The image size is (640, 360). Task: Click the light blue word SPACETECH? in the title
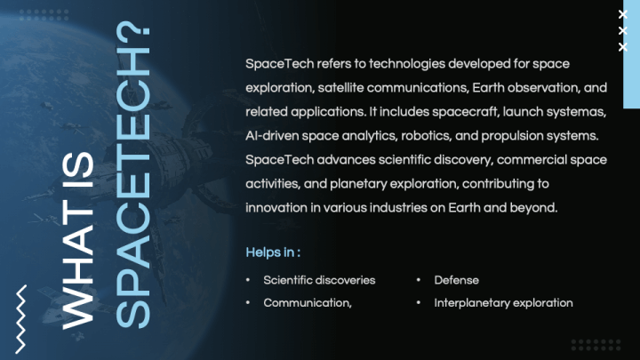[x=133, y=175]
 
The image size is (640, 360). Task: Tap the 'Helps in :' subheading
[x=273, y=252]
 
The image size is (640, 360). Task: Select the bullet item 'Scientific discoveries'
[x=319, y=280]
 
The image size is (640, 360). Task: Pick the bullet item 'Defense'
[x=456, y=280]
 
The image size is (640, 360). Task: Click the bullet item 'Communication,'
[x=308, y=303]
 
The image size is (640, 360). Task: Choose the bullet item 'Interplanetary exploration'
[x=503, y=303]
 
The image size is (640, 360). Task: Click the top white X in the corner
[x=623, y=15]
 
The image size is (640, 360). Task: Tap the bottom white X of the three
[x=623, y=47]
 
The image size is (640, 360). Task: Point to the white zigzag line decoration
[x=20, y=319]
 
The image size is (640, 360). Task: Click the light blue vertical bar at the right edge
[x=631, y=54]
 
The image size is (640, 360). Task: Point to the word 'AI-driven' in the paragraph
[x=272, y=136]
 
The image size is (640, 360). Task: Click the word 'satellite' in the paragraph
[x=340, y=88]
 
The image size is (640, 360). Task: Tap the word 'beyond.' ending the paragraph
[x=533, y=208]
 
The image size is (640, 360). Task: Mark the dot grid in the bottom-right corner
[x=596, y=345]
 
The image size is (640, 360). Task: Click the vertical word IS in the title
[x=78, y=170]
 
